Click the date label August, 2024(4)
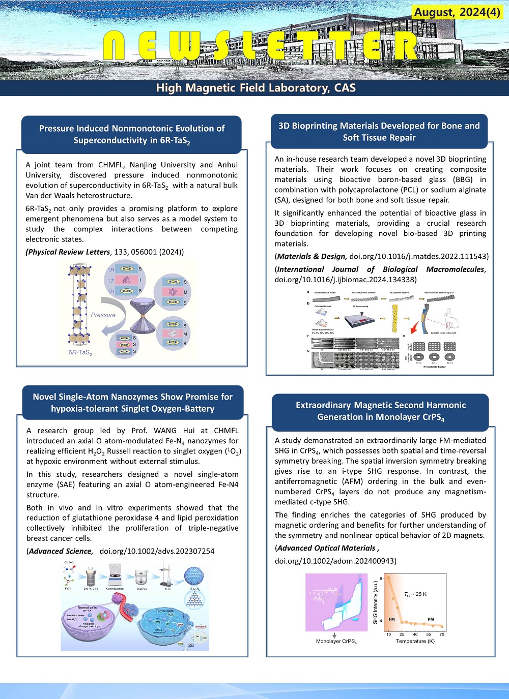[x=457, y=12]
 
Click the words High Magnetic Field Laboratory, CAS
[x=256, y=88]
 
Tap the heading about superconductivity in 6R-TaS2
[x=131, y=134]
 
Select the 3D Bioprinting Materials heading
[x=379, y=132]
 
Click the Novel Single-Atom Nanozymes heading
[x=132, y=403]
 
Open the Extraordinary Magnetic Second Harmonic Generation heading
[x=380, y=411]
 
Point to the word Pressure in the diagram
[x=103, y=315]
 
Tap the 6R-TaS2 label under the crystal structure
[x=80, y=352]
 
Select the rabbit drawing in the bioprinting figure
[x=450, y=320]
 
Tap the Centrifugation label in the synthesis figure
[x=115, y=589]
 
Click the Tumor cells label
[x=164, y=611]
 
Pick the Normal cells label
[x=87, y=607]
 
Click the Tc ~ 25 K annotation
[x=415, y=594]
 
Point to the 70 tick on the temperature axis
[x=442, y=634]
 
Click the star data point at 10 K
[x=389, y=578]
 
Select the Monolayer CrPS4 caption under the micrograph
[x=336, y=642]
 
